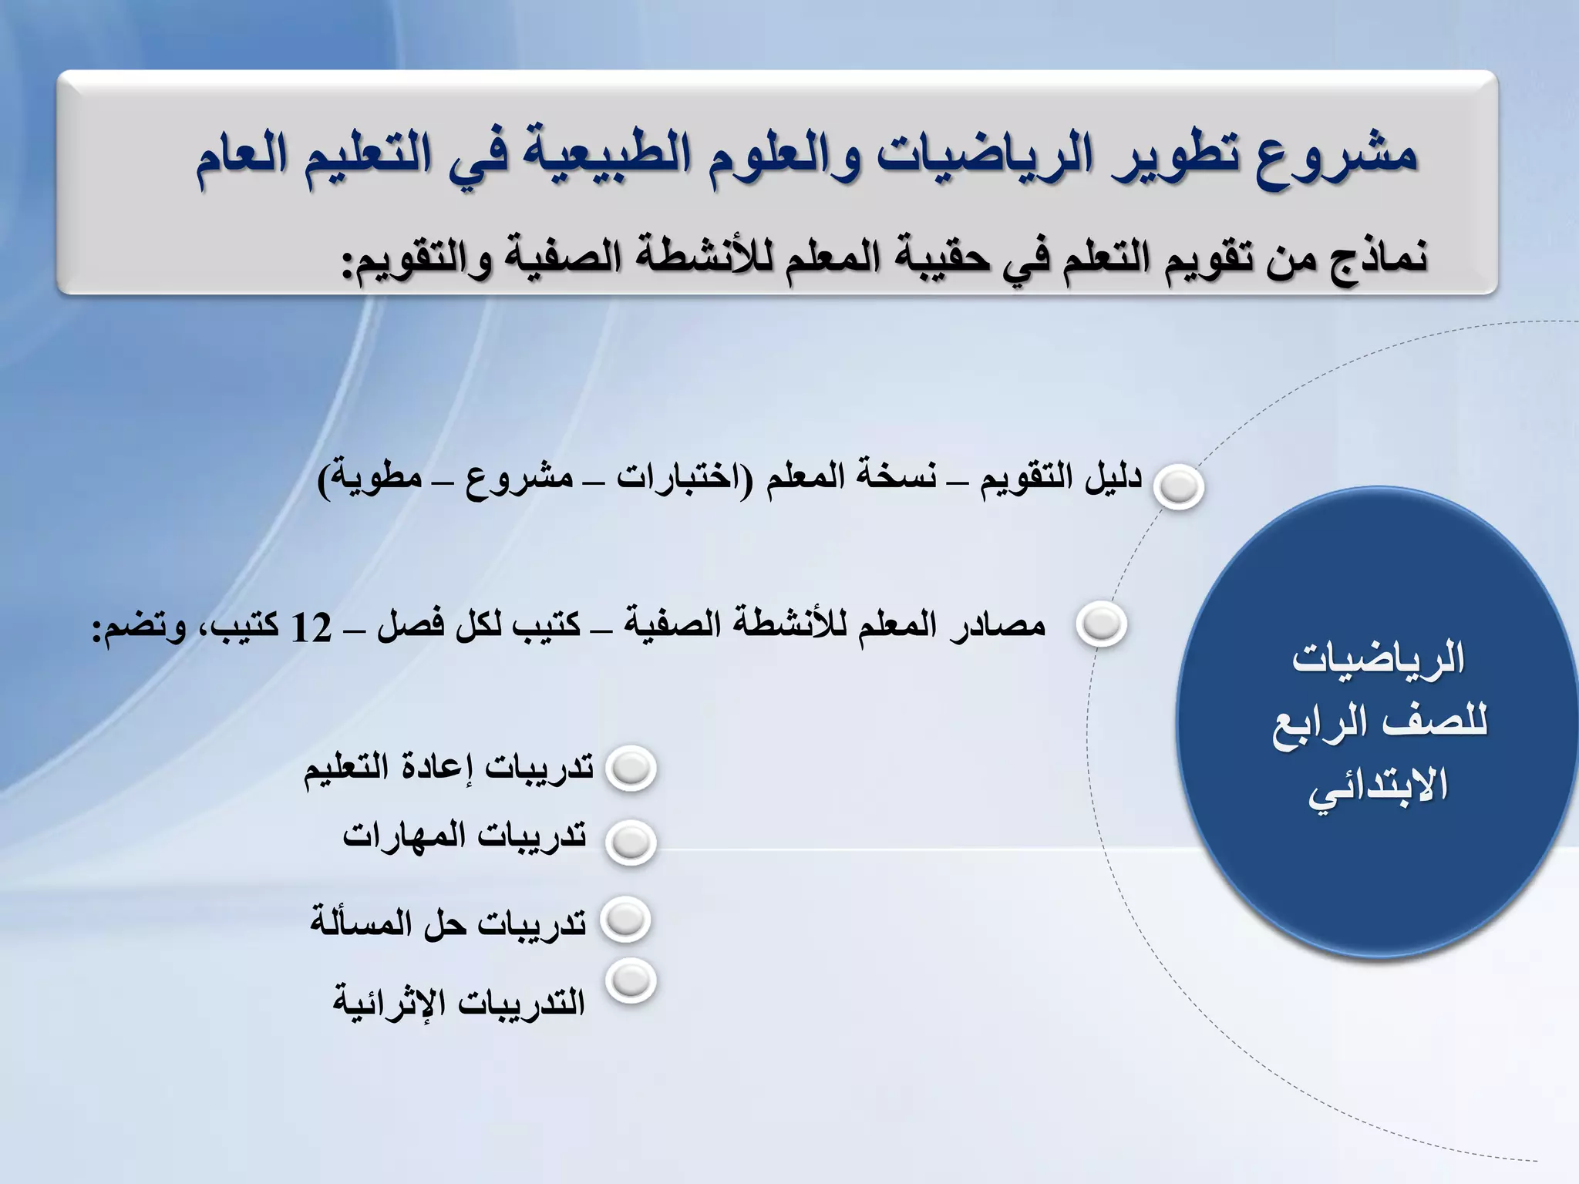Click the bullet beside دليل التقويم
(1179, 486)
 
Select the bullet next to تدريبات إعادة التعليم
(631, 768)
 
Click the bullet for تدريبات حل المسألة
(625, 919)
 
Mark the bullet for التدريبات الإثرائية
(631, 981)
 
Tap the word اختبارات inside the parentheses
(674, 478)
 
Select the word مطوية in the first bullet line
(375, 478)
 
